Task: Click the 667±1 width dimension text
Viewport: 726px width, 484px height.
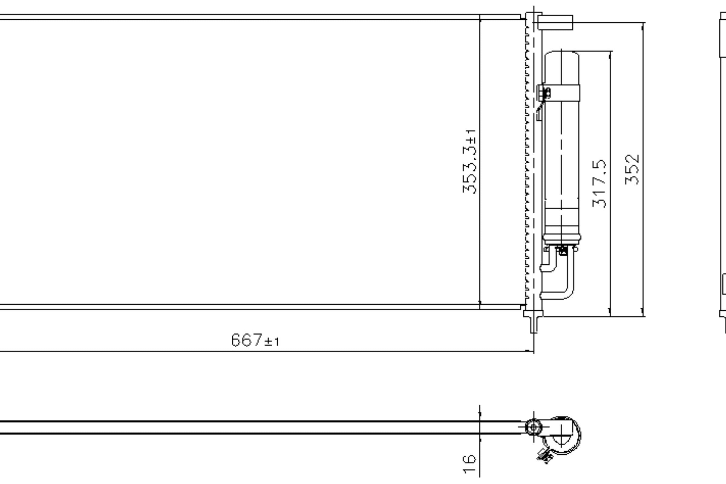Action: [x=255, y=340]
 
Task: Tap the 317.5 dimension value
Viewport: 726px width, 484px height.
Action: [x=599, y=183]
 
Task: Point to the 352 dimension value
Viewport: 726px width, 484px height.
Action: [x=632, y=169]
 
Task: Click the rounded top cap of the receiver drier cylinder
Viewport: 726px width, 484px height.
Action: [x=561, y=54]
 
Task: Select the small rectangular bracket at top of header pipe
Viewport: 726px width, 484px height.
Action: [x=555, y=22]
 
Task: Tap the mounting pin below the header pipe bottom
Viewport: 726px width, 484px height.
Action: [x=533, y=324]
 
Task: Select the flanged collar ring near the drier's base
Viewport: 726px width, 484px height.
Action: [x=561, y=238]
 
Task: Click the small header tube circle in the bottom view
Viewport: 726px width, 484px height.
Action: [x=533, y=427]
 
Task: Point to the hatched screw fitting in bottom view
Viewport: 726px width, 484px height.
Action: [x=545, y=456]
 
